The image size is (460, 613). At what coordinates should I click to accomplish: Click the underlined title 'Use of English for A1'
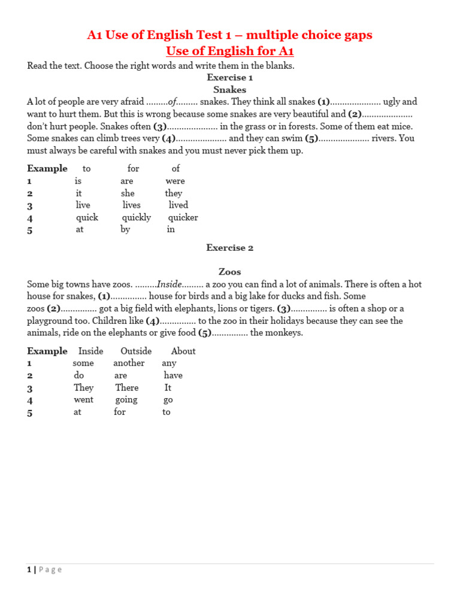point(229,51)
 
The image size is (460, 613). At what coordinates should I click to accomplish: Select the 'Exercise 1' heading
point(229,77)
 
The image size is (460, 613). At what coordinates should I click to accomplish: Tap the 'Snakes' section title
point(229,90)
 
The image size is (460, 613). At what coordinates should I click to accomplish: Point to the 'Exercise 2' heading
point(229,248)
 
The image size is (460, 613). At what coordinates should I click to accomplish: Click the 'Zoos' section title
point(229,272)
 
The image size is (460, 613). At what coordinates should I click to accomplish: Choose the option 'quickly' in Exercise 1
point(137,217)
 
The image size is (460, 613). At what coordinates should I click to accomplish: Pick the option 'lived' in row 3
point(178,205)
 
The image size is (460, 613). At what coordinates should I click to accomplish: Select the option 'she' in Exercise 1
point(128,193)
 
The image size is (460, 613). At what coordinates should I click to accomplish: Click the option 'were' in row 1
point(175,181)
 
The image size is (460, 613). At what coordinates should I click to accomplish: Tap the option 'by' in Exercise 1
point(125,229)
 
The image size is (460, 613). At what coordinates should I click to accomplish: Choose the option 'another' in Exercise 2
point(129,363)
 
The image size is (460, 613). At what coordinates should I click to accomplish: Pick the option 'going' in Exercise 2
point(126,400)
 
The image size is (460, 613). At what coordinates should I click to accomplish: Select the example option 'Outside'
point(136,351)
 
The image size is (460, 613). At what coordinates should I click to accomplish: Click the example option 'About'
point(183,351)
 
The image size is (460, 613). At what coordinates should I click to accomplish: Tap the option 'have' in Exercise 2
point(173,375)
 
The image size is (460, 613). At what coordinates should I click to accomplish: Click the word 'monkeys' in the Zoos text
point(285,333)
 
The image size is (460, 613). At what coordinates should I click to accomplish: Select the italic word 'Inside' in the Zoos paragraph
point(169,284)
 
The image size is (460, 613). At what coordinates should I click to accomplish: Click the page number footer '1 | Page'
point(44,570)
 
